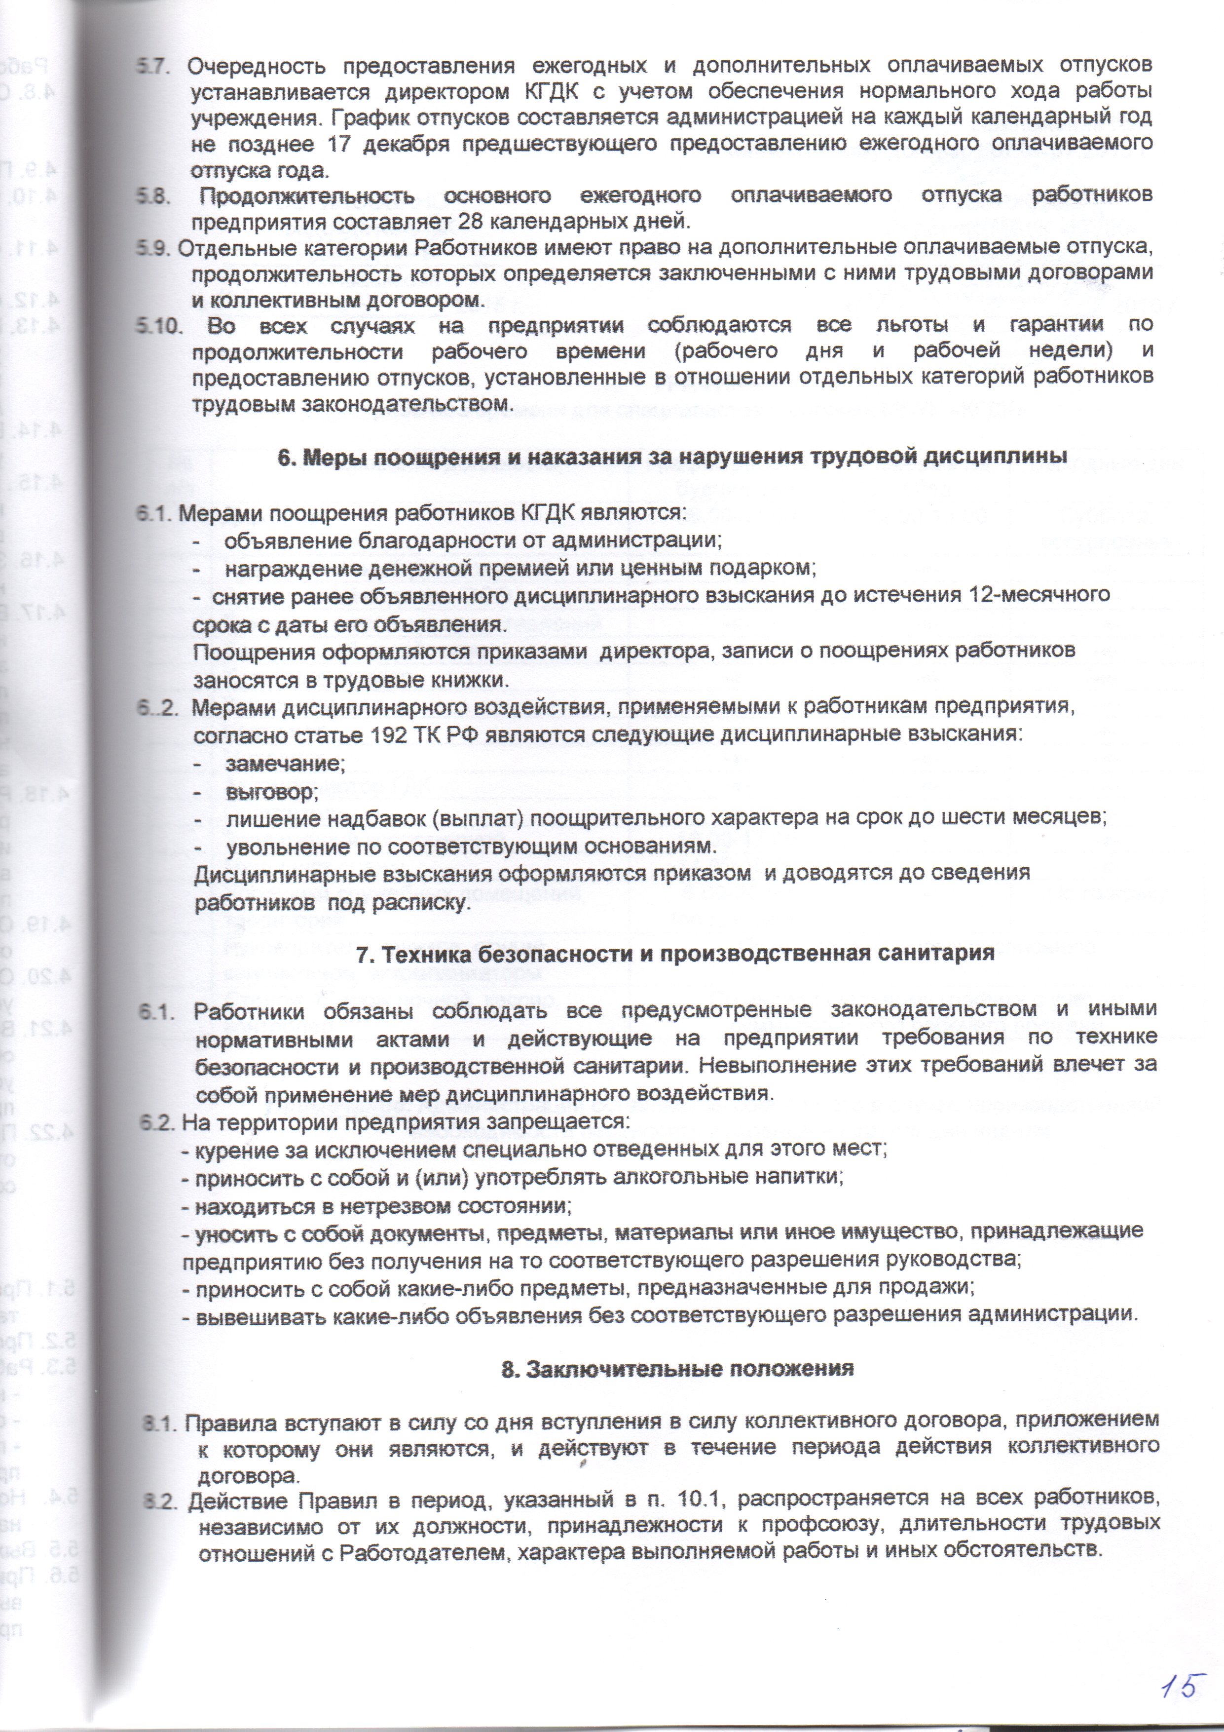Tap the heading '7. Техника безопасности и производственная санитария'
(x=675, y=953)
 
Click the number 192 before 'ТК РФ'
(x=392, y=735)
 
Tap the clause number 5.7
(x=154, y=66)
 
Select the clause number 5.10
(x=160, y=326)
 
